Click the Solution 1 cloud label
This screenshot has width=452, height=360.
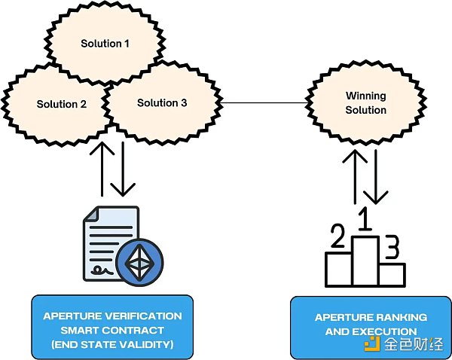pyautogui.click(x=105, y=44)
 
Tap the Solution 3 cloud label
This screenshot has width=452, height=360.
pyautogui.click(x=162, y=102)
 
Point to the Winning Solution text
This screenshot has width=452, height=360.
pyautogui.click(x=365, y=103)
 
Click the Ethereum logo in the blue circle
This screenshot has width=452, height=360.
pyautogui.click(x=140, y=261)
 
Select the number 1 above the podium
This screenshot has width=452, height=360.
pyautogui.click(x=365, y=220)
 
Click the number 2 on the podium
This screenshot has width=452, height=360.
pyautogui.click(x=337, y=239)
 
